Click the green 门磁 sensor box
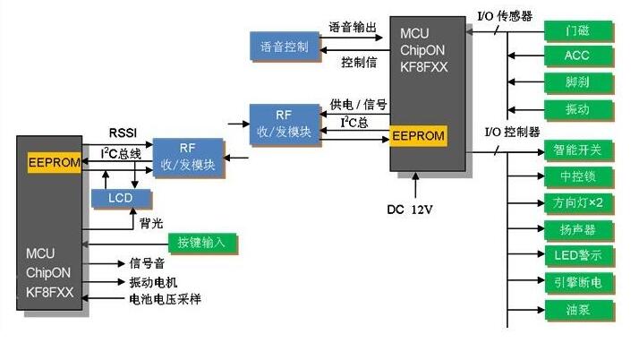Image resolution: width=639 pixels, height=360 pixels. [x=577, y=30]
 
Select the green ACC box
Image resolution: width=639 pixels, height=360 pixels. [x=577, y=56]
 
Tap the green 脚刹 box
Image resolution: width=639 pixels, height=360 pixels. [x=577, y=82]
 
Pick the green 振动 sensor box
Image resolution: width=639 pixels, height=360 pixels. [x=577, y=108]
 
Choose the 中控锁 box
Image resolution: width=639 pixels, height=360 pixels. [x=578, y=176]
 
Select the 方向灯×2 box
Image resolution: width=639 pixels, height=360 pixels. [x=578, y=203]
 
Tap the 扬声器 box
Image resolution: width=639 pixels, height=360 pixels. [x=578, y=230]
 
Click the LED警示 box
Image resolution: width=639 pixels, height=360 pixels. [x=578, y=256]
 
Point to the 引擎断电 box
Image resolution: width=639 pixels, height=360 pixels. [x=578, y=283]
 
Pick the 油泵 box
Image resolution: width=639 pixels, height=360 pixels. [x=578, y=310]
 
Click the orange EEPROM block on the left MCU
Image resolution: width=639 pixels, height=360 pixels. [x=55, y=163]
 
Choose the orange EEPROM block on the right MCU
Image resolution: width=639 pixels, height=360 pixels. [x=418, y=137]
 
